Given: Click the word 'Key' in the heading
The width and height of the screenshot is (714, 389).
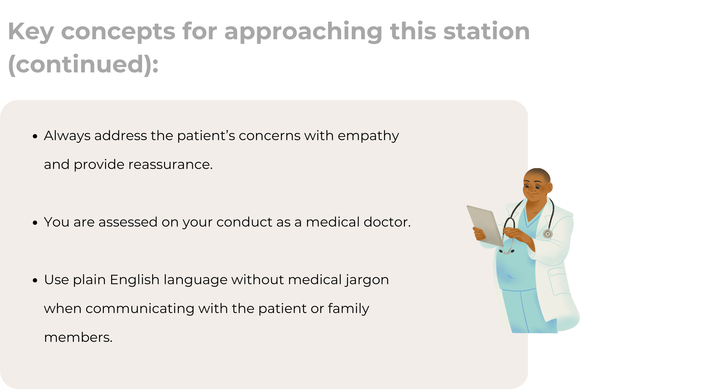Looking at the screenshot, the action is click(x=31, y=32).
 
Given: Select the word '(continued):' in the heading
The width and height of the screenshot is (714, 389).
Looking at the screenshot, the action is click(x=83, y=64).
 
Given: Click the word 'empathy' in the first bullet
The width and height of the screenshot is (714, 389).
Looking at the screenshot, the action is click(x=368, y=137).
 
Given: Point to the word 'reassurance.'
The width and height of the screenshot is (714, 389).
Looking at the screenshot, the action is click(x=171, y=165).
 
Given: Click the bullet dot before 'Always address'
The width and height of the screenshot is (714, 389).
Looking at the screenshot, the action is click(x=35, y=136).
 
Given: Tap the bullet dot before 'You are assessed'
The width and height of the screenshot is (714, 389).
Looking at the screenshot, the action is click(x=35, y=223).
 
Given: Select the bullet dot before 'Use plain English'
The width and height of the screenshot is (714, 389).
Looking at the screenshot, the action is click(x=35, y=280).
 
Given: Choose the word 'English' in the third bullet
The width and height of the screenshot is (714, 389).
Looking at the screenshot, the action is click(x=135, y=280).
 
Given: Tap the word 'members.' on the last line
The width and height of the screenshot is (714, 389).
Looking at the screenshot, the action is click(x=78, y=337).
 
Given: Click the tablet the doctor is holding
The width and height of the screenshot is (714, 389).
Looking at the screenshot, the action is click(x=485, y=226).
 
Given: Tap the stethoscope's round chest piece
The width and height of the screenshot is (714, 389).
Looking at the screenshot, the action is click(x=548, y=234).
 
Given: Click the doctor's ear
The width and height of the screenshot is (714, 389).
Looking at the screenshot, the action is click(x=550, y=187).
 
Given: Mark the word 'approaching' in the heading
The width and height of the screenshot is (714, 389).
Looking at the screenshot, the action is click(x=303, y=32).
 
